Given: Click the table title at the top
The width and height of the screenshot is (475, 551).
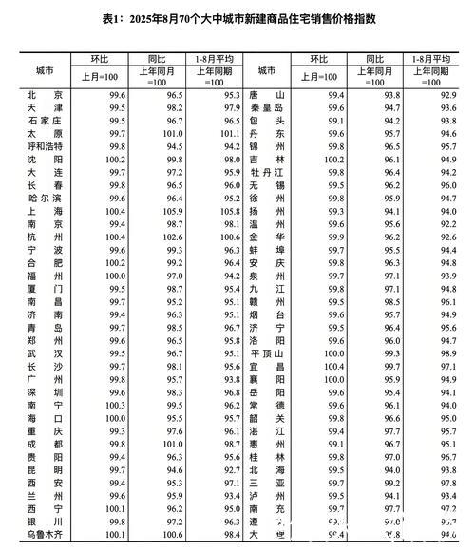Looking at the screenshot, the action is point(237,18).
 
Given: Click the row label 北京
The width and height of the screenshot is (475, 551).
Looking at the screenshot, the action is point(45,96).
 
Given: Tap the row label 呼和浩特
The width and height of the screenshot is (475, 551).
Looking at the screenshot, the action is point(45,147).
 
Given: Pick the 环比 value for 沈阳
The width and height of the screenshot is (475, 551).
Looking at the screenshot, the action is point(118,160).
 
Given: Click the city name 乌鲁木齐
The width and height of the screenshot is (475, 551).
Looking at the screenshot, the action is point(45,537).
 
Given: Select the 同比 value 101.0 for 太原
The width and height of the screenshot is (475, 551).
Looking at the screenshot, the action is point(174,134).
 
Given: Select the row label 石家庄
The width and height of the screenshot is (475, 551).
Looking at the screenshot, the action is point(45,122).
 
